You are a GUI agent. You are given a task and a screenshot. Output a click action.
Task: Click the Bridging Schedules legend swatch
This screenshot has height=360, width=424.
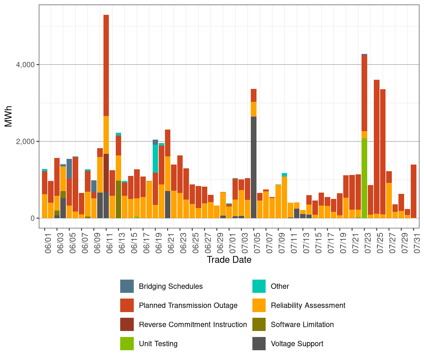(127, 286)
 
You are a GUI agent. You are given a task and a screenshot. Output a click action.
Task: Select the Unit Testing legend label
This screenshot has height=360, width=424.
(158, 344)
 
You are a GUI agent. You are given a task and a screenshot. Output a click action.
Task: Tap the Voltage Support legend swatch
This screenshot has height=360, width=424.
(259, 344)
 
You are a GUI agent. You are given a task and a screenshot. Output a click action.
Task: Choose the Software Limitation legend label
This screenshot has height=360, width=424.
(302, 324)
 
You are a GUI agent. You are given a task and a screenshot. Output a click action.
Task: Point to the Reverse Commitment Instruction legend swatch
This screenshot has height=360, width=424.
(127, 324)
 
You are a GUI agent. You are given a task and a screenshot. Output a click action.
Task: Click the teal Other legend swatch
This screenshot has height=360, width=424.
(259, 286)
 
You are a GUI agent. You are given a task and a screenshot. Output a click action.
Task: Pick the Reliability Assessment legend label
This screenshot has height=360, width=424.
(308, 305)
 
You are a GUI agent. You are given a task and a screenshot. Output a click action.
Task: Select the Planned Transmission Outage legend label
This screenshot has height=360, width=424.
(188, 305)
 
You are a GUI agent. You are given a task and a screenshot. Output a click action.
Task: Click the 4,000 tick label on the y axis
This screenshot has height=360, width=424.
(25, 65)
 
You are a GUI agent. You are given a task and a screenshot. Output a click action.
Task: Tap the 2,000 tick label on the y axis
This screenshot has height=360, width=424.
(25, 141)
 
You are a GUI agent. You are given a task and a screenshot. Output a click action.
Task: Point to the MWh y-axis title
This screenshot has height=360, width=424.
(9, 116)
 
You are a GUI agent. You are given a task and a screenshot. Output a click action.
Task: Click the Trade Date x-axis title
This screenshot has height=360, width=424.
(229, 260)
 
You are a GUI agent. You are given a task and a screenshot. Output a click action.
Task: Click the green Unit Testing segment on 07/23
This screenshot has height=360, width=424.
(364, 178)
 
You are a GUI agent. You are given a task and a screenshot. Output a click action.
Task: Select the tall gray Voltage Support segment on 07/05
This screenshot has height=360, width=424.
(254, 167)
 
